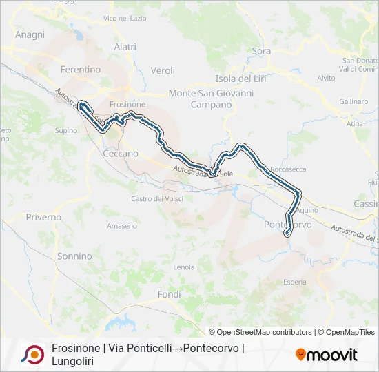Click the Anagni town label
pyautogui.click(x=30, y=34)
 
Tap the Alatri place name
pyautogui.click(x=125, y=47)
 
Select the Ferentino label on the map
pyautogui.click(x=81, y=70)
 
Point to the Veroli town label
pyautogui.click(x=163, y=70)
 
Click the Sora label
pyautogui.click(x=261, y=51)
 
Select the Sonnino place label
pyautogui.click(x=74, y=256)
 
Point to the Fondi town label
pyautogui.click(x=169, y=294)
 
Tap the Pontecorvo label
pyautogui.click(x=288, y=225)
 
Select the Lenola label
pyautogui.click(x=184, y=267)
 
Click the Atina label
pyautogui.click(x=355, y=123)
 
